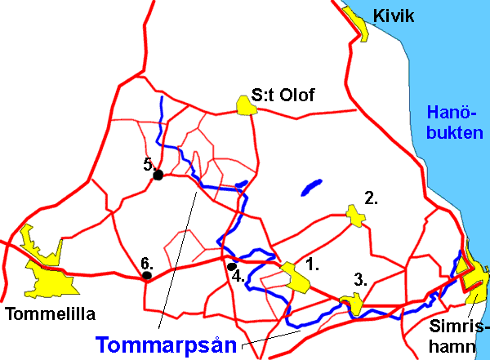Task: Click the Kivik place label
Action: [x=394, y=16]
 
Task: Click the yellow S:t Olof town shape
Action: [x=244, y=104]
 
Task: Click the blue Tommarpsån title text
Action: [x=169, y=344]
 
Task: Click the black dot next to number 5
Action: [x=158, y=175]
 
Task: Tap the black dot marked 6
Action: [x=147, y=276]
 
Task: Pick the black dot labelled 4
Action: [x=232, y=266]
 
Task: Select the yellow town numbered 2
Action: [x=355, y=215]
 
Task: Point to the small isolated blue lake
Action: [x=311, y=188]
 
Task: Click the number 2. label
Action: [x=372, y=197]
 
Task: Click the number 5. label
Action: [x=150, y=163]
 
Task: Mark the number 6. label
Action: [x=147, y=263]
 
